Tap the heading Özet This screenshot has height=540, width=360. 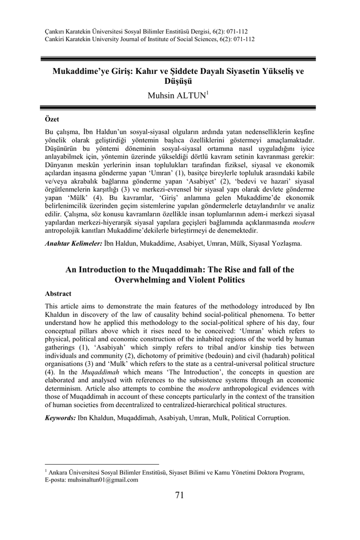[52, 121]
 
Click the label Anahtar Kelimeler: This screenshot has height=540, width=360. [73, 244]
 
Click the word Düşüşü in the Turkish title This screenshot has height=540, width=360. [180, 81]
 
